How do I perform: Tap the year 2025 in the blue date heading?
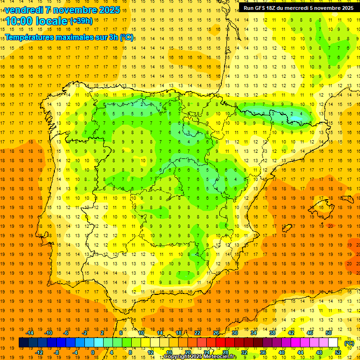[x=107, y=10]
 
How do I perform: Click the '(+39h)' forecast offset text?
[x=81, y=21]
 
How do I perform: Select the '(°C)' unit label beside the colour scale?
[x=349, y=343]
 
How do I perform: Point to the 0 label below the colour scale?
[x=93, y=352]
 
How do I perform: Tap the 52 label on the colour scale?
[x=338, y=352]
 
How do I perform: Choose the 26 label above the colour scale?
[x=216, y=333]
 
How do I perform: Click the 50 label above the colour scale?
[x=328, y=333]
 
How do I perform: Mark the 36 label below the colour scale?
[x=263, y=352]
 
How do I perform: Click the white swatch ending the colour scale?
[x=333, y=343]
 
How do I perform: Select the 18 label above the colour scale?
[x=179, y=333]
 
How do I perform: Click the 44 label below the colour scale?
[x=300, y=352]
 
